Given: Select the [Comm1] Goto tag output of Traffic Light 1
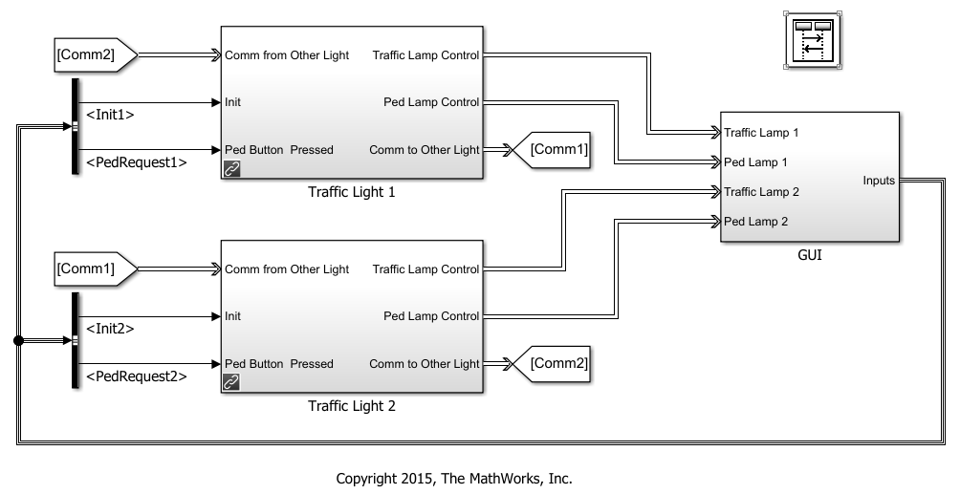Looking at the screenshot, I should click(555, 149).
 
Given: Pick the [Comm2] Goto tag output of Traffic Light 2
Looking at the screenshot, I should click(555, 363).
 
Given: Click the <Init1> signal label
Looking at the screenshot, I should click(110, 115).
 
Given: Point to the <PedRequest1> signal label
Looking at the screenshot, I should click(136, 162).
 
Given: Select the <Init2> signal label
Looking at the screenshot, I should click(110, 329).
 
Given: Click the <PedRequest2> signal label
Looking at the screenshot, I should click(136, 376).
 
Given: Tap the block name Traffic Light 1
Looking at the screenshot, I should click(351, 191).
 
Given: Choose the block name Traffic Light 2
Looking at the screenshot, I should click(351, 405).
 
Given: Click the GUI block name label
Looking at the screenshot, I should click(809, 255).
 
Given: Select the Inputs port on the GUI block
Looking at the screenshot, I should click(878, 179).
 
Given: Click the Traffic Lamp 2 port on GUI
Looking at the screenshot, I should click(761, 192).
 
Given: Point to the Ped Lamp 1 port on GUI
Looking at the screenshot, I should click(755, 162).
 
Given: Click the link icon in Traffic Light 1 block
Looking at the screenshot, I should click(232, 168).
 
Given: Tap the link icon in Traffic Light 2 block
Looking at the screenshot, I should click(232, 382).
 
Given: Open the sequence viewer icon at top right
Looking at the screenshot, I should click(811, 40).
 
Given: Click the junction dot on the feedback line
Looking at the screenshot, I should click(17, 340).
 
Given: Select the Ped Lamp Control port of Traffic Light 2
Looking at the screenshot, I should click(430, 316).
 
